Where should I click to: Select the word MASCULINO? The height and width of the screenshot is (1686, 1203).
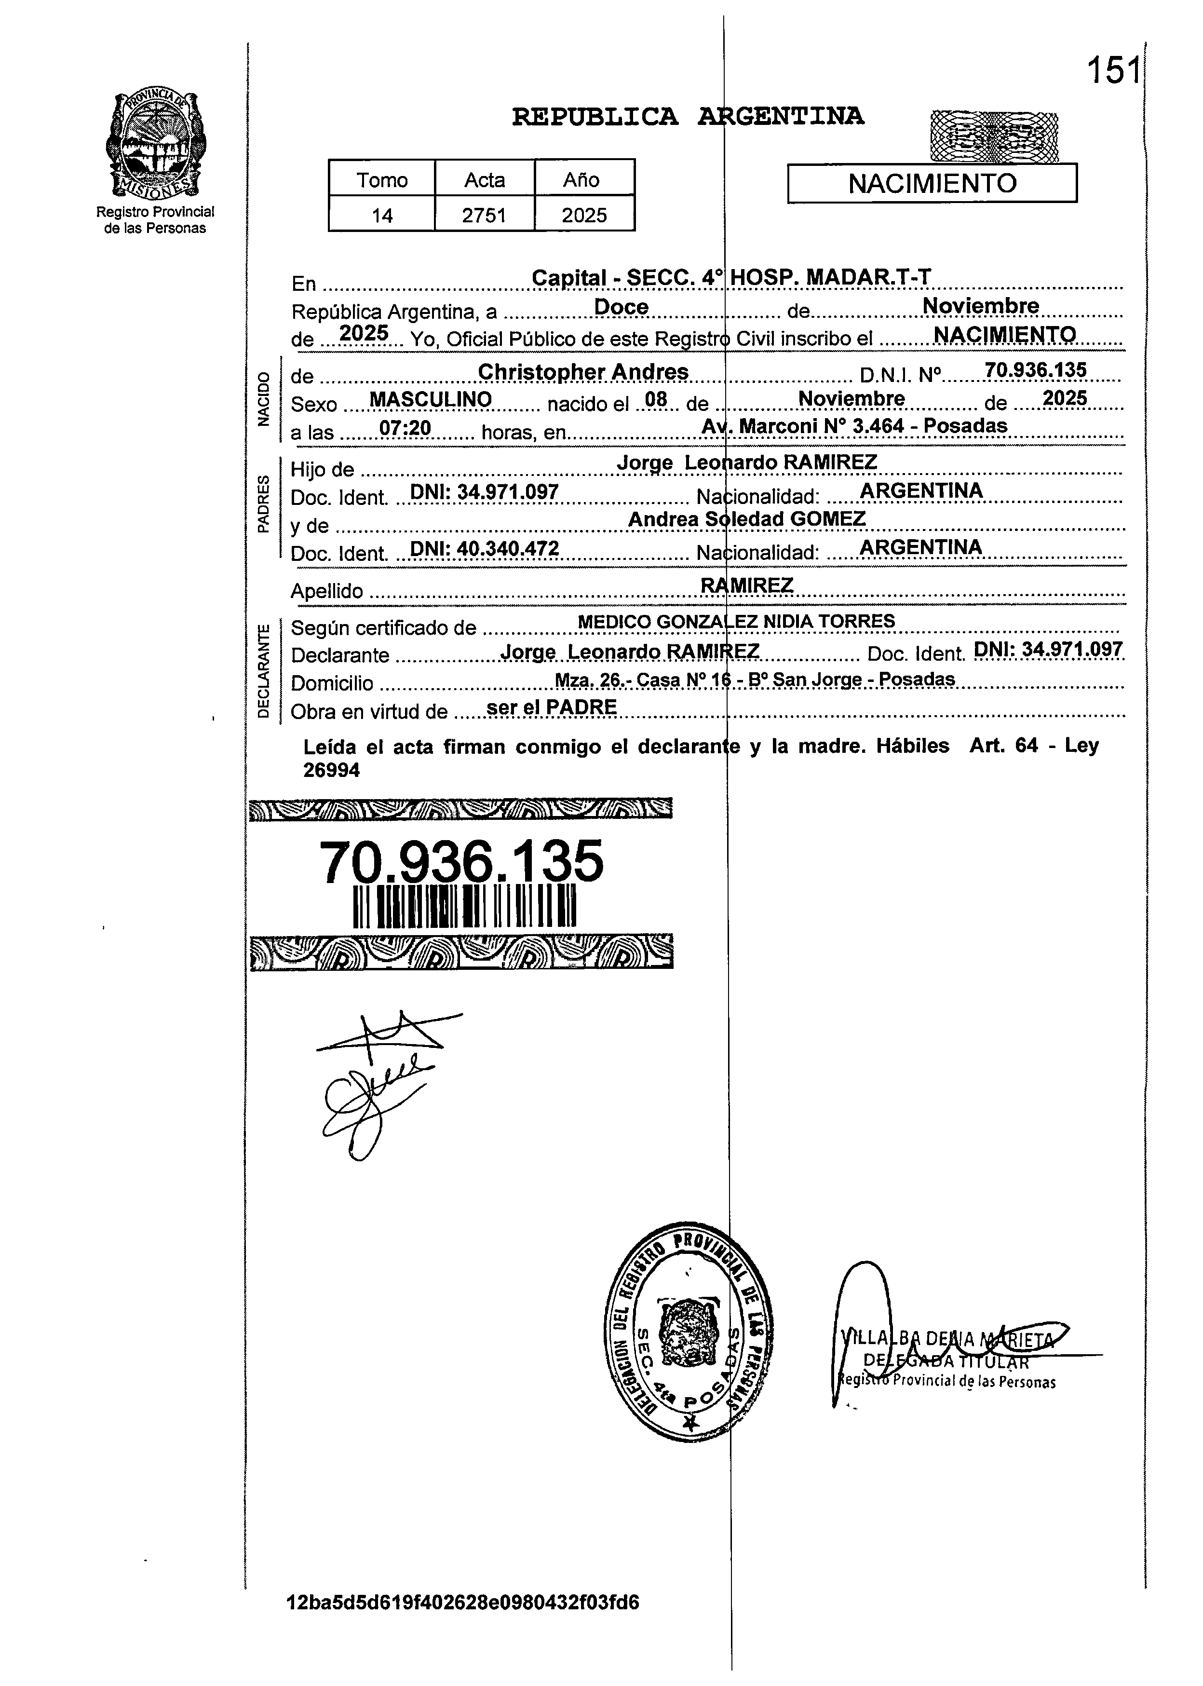431,399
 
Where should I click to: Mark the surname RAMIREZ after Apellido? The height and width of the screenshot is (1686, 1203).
747,585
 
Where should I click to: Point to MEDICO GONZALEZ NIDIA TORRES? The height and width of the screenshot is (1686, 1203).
736,622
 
